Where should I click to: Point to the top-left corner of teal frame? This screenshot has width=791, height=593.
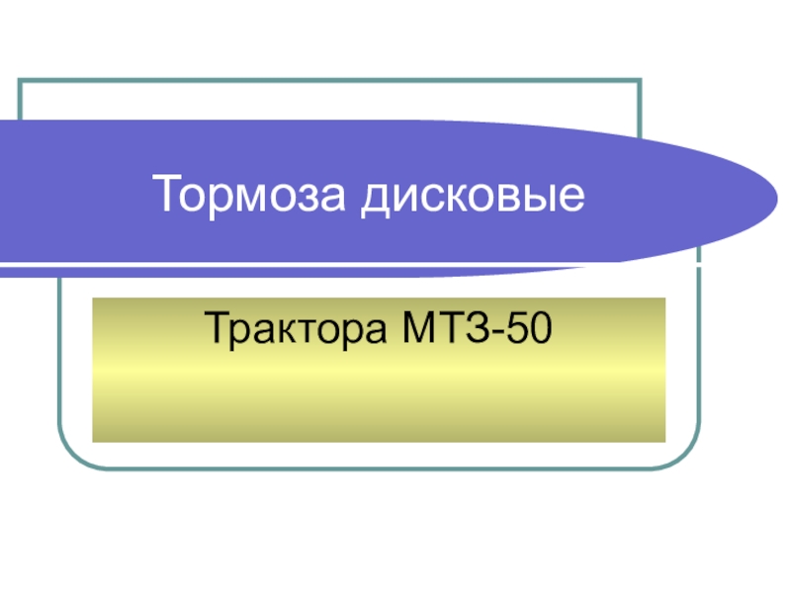coord(21,80)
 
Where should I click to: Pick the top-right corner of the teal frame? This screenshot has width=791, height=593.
coord(640,80)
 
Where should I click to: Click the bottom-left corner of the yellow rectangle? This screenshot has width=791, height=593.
coord(93,441)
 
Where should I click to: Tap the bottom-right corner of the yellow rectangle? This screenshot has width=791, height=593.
coord(664,441)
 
